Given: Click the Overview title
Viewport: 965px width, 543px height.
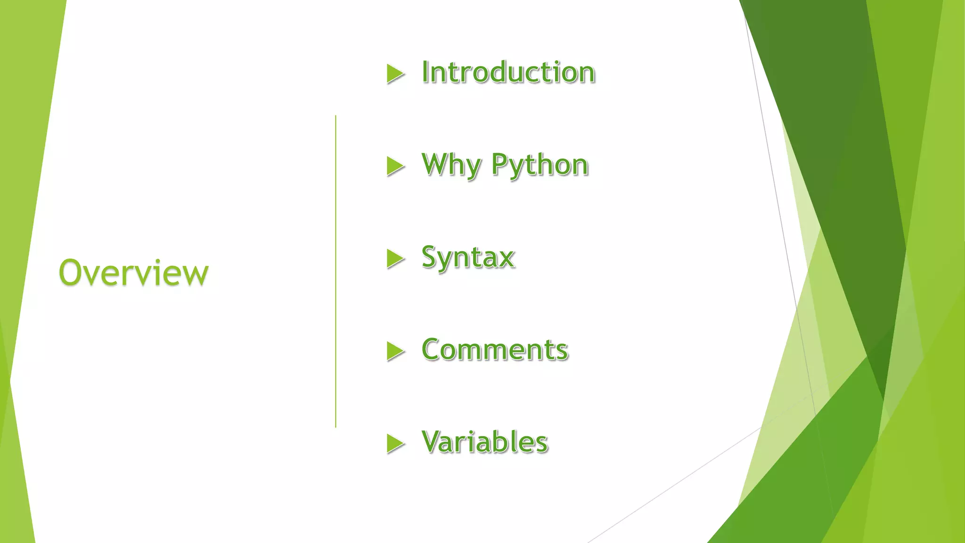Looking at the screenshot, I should pyautogui.click(x=133, y=273).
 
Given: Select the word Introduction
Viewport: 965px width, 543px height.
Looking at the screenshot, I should pyautogui.click(x=508, y=73).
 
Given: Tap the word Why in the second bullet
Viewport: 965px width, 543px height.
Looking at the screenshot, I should pyautogui.click(x=451, y=165).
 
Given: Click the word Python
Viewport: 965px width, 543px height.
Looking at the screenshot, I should pyautogui.click(x=540, y=165).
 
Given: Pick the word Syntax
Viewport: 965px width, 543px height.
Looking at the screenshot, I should pyautogui.click(x=468, y=258).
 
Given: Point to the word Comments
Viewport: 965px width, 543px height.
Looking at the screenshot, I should pyautogui.click(x=495, y=350).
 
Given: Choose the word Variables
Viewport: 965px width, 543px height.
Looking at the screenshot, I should pyautogui.click(x=484, y=442).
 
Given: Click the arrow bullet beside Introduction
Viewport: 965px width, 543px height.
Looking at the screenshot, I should pyautogui.click(x=395, y=74).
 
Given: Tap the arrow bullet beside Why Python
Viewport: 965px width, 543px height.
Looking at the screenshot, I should pyautogui.click(x=395, y=166).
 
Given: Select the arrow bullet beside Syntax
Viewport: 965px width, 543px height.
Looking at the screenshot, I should pyautogui.click(x=395, y=258).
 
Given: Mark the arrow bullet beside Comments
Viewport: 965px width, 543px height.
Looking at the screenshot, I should pyautogui.click(x=395, y=351).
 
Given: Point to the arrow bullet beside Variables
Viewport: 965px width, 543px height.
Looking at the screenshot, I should pyautogui.click(x=395, y=443).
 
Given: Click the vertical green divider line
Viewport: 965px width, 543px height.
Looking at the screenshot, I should pyautogui.click(x=335, y=271).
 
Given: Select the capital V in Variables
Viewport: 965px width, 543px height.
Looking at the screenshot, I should pyautogui.click(x=433, y=442).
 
